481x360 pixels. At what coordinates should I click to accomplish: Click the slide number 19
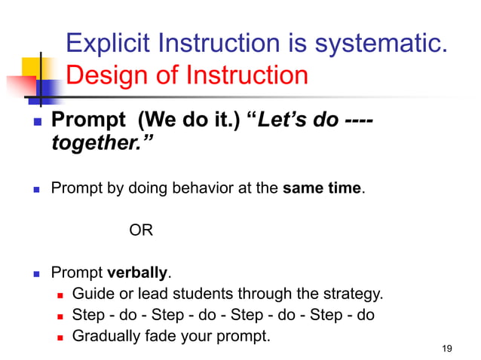click(x=447, y=348)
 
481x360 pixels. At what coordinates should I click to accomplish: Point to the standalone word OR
click(x=141, y=230)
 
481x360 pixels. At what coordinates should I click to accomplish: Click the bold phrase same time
click(x=323, y=188)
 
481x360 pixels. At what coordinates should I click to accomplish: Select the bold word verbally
click(x=139, y=272)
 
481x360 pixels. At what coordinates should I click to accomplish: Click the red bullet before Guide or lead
click(x=61, y=294)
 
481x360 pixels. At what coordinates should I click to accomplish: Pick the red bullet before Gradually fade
click(x=61, y=337)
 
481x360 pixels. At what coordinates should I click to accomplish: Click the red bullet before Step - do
click(x=61, y=316)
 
